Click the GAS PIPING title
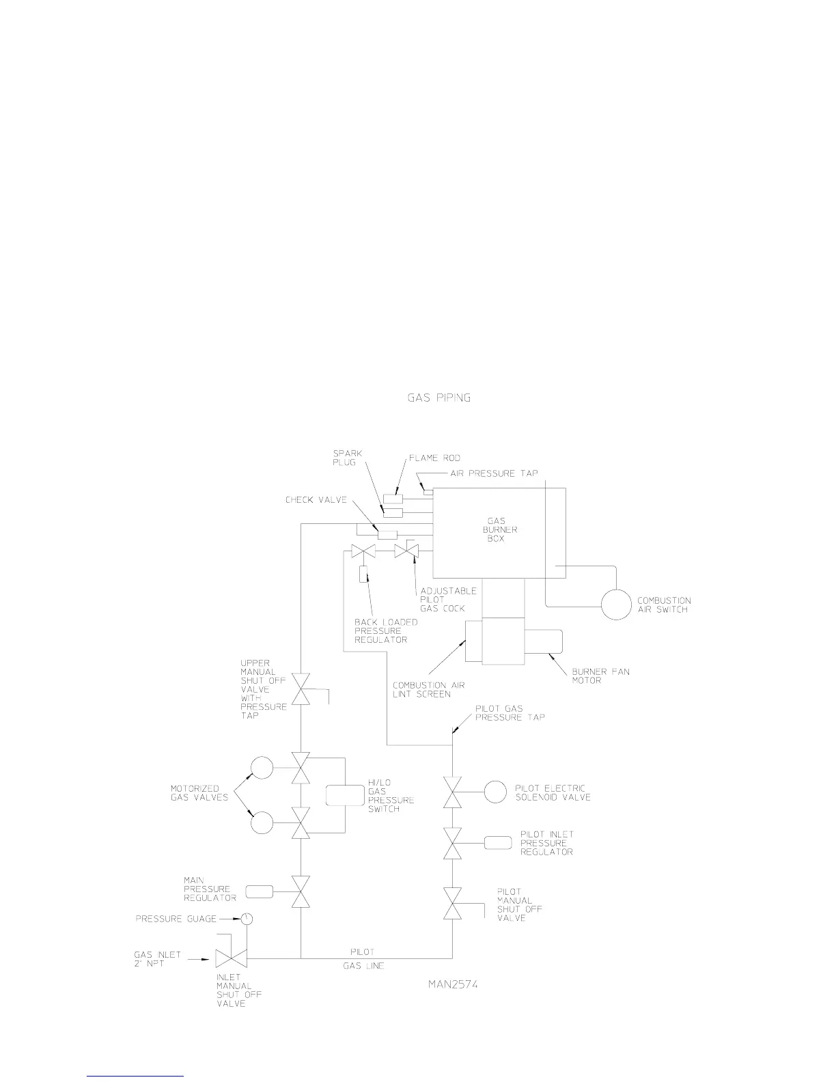click(438, 398)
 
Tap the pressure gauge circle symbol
click(247, 919)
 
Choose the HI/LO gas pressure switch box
click(346, 796)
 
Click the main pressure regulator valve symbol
click(301, 891)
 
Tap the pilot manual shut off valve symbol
click(452, 904)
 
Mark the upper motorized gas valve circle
click(262, 768)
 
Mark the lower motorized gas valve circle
click(262, 822)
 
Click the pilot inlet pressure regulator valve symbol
click(452, 844)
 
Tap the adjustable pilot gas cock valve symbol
click(406, 551)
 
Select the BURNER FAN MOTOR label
click(600, 676)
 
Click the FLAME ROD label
click(434, 458)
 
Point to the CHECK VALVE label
click(316, 501)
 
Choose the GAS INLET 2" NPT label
click(158, 959)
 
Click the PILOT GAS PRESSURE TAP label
click(510, 713)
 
